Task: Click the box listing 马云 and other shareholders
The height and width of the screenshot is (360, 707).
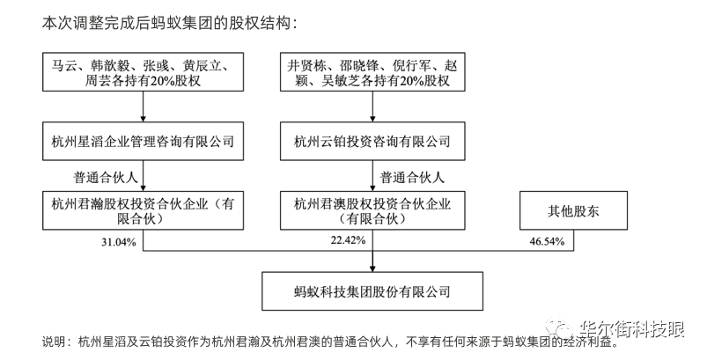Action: (144, 72)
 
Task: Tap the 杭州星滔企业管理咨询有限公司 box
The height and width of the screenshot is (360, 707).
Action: (144, 141)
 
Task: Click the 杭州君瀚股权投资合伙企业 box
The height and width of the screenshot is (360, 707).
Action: (144, 210)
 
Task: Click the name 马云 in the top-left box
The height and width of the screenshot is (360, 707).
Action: (64, 64)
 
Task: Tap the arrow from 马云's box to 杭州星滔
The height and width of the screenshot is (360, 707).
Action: (144, 109)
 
